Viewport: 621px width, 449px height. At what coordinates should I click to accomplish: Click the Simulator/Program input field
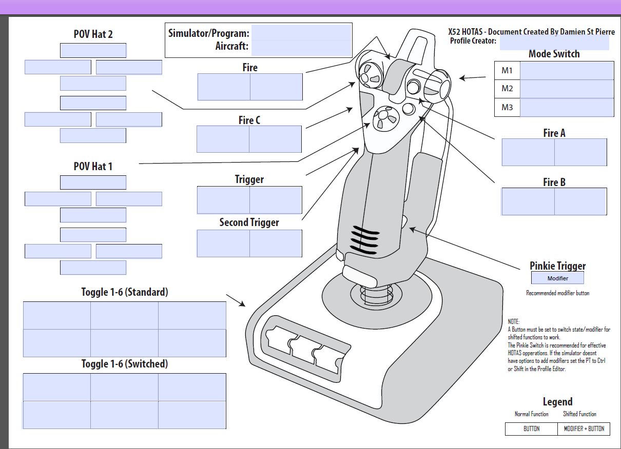pyautogui.click(x=301, y=33)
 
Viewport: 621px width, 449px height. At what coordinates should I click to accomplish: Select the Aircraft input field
pyautogui.click(x=301, y=47)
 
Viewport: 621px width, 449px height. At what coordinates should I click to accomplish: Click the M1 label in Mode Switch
pyautogui.click(x=507, y=71)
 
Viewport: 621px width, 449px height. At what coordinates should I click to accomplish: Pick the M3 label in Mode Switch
pyautogui.click(x=507, y=108)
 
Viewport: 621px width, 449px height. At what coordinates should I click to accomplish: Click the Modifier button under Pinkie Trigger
pyautogui.click(x=557, y=278)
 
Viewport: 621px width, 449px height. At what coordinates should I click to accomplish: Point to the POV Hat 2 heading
pyautogui.click(x=93, y=35)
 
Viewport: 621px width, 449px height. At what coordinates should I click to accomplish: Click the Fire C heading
pyautogui.click(x=249, y=120)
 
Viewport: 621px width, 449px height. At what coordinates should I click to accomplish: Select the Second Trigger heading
pyautogui.click(x=249, y=222)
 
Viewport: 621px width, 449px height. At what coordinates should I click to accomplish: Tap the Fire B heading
pyautogui.click(x=554, y=182)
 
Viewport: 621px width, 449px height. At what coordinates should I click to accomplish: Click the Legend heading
pyautogui.click(x=557, y=402)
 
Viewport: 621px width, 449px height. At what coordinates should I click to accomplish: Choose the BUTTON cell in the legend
pyautogui.click(x=531, y=429)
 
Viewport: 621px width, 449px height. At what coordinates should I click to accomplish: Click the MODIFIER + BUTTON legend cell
pyautogui.click(x=584, y=429)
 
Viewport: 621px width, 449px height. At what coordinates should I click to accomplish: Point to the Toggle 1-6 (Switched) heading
pyautogui.click(x=125, y=364)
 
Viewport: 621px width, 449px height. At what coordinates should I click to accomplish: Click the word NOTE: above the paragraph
pyautogui.click(x=514, y=321)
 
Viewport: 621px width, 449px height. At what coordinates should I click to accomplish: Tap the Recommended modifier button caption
pyautogui.click(x=557, y=293)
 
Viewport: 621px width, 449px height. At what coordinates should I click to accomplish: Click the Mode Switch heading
pyautogui.click(x=554, y=54)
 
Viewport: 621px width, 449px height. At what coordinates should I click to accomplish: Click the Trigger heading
pyautogui.click(x=249, y=179)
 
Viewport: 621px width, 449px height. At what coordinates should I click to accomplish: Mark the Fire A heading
pyautogui.click(x=554, y=133)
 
